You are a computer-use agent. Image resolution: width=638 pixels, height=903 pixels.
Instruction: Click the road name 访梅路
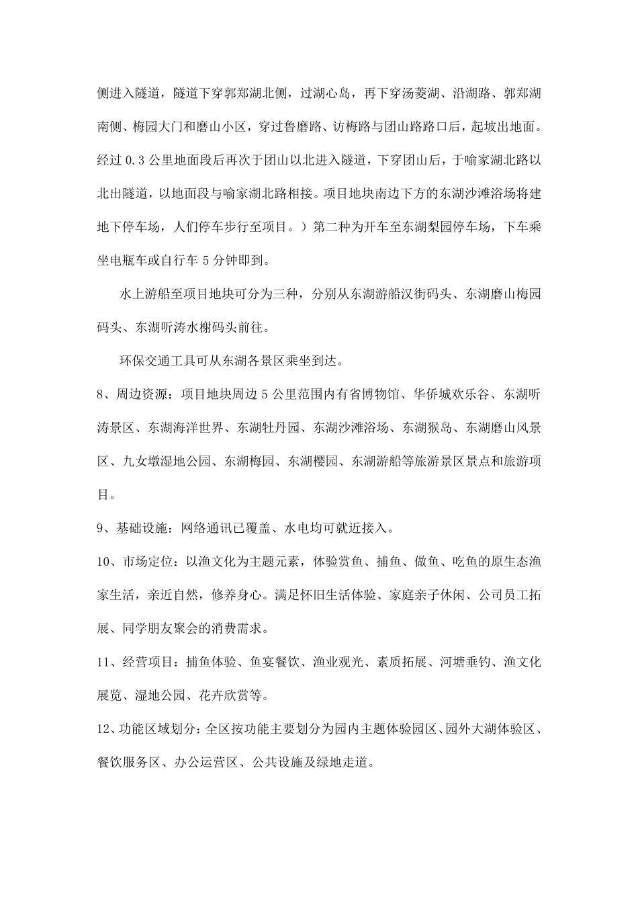click(x=356, y=126)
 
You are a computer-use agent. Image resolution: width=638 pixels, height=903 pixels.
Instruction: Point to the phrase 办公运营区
click(x=206, y=763)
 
